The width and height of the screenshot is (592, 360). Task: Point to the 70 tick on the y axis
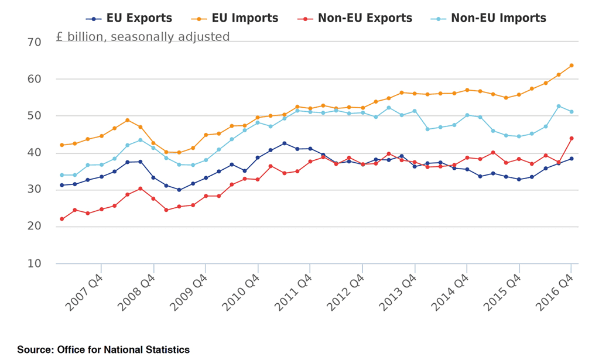click(34, 42)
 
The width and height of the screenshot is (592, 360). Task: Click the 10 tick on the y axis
click(34, 264)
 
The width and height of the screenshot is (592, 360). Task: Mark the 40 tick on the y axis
click(34, 153)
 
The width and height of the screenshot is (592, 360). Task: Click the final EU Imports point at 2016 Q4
click(571, 66)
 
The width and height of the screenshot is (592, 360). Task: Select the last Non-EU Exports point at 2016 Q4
click(571, 139)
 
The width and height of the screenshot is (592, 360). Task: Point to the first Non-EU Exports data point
click(61, 219)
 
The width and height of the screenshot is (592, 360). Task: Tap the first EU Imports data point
click(61, 145)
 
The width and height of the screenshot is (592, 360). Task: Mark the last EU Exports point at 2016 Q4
click(571, 159)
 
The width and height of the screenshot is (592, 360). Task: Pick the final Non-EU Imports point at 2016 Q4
click(571, 112)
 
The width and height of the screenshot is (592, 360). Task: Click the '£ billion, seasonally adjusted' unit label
click(143, 37)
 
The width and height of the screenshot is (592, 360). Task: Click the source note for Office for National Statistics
click(103, 350)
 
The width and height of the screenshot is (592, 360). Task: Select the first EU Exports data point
click(61, 185)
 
